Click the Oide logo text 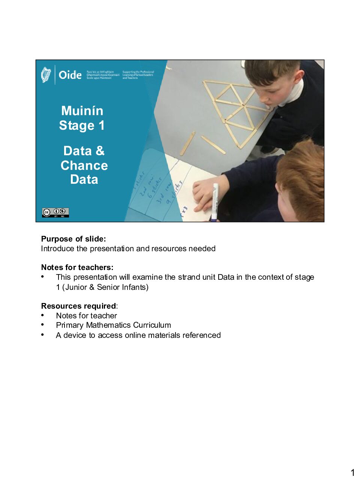click(x=70, y=75)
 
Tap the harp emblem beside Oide click(x=46, y=75)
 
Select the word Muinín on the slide click(x=82, y=111)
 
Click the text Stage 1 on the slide click(x=82, y=125)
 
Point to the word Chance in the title click(x=84, y=165)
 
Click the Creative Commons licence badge click(x=55, y=213)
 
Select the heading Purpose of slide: click(x=73, y=239)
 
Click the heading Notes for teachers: click(x=77, y=267)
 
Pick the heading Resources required click(x=78, y=306)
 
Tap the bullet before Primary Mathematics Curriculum click(x=43, y=325)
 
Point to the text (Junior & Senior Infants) click(x=105, y=287)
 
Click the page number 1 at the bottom click(x=352, y=472)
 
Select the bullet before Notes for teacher click(x=43, y=315)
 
